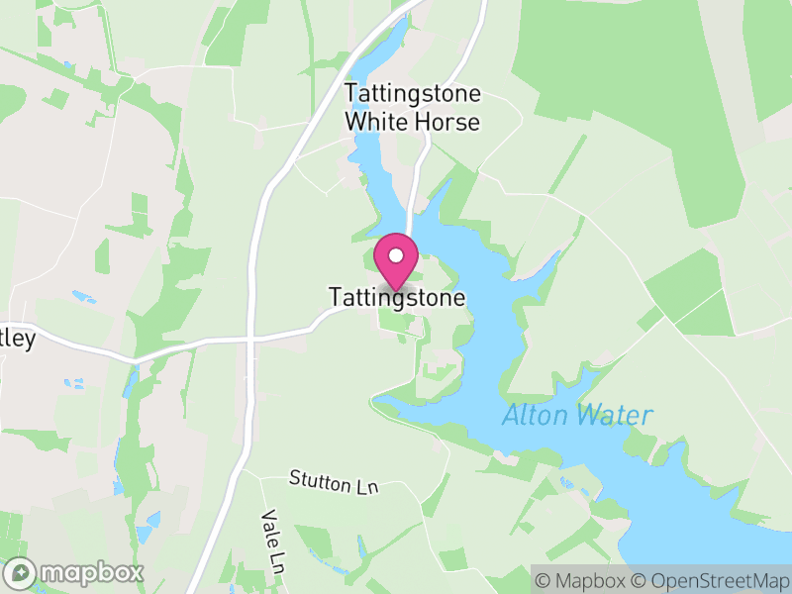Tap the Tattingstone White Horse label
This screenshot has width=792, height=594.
pos(412,108)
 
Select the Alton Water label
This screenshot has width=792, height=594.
pos(577,415)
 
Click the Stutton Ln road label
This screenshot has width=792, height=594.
pos(335,483)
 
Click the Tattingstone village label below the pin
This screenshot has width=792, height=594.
pos(396,297)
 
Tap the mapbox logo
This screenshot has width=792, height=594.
pos(74,572)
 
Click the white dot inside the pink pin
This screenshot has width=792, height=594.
pos(396,256)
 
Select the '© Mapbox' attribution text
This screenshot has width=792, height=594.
pos(583,579)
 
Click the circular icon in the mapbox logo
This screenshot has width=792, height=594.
pos(21,572)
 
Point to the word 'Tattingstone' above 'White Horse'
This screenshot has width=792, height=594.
pos(412,94)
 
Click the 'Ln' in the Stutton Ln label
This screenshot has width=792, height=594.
pos(368,487)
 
